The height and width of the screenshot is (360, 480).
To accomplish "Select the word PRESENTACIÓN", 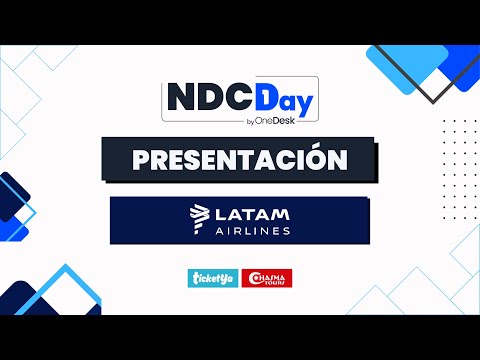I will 240,159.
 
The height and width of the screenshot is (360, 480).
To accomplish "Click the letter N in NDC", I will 181,100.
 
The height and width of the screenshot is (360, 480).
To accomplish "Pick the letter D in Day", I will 266,100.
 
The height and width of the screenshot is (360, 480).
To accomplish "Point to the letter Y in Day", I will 304,104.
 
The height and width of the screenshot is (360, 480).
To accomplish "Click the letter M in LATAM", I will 281,212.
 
